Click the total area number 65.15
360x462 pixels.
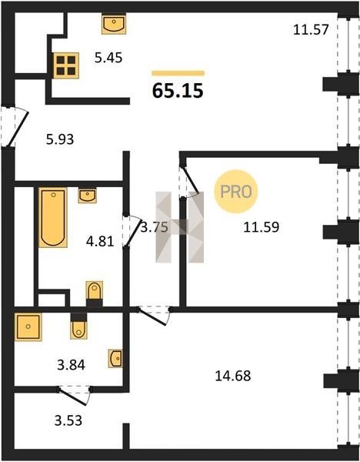[x=178, y=90]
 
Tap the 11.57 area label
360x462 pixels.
[x=311, y=30]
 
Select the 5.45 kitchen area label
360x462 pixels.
[x=108, y=58]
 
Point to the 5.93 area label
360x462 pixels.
[x=60, y=139]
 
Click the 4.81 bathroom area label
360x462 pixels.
[x=100, y=242]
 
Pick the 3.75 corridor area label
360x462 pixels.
[x=154, y=227]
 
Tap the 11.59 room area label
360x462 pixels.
[x=262, y=227]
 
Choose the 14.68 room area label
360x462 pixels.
[x=233, y=376]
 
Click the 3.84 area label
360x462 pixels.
[x=72, y=365]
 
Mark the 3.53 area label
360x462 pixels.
[x=68, y=420]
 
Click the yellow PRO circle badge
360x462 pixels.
[x=236, y=192]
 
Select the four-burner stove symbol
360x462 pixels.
[x=66, y=65]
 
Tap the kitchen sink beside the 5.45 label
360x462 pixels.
[x=114, y=24]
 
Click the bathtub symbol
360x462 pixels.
[x=53, y=217]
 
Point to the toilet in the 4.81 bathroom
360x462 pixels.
[x=94, y=294]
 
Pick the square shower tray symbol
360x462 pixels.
[x=28, y=326]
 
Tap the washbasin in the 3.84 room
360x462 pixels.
[x=115, y=358]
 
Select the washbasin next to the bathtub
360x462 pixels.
[x=87, y=196]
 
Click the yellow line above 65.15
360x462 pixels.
[x=178, y=73]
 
